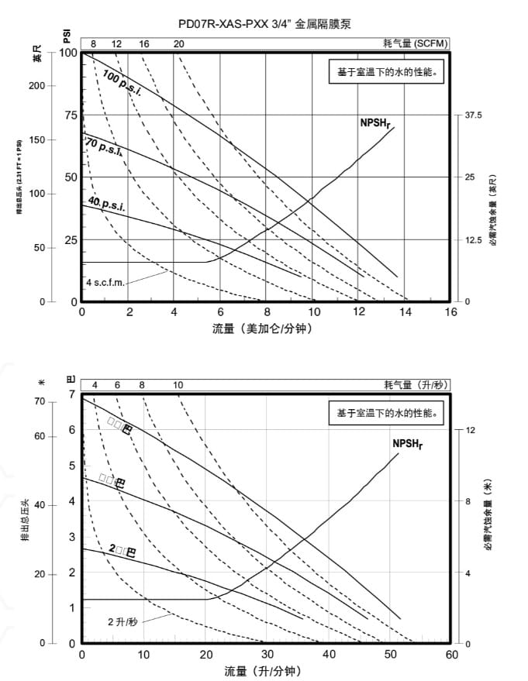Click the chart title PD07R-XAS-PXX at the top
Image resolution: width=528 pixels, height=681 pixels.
pyautogui.click(x=264, y=24)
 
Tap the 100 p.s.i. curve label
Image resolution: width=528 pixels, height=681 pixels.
pyautogui.click(x=123, y=83)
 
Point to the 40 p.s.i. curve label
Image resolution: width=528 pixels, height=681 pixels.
pyautogui.click(x=106, y=205)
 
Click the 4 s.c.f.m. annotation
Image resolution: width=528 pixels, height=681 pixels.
pyautogui.click(x=105, y=283)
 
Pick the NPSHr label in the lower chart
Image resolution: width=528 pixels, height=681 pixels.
pyautogui.click(x=407, y=443)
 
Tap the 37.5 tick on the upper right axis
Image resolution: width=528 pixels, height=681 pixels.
pyautogui.click(x=473, y=115)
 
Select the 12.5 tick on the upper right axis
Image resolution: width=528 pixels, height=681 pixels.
pyautogui.click(x=474, y=240)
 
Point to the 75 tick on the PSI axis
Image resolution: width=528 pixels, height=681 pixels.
pyautogui.click(x=71, y=115)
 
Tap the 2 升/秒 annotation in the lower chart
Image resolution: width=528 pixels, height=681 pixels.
pyautogui.click(x=123, y=621)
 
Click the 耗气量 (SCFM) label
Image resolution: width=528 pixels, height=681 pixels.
pyautogui.click(x=416, y=43)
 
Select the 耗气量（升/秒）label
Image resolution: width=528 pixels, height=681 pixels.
pyautogui.click(x=416, y=385)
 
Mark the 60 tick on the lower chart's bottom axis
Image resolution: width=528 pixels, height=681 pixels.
pyautogui.click(x=451, y=654)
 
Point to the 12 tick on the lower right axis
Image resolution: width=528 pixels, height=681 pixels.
pyautogui.click(x=470, y=430)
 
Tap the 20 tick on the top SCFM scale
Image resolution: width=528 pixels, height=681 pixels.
pyautogui.click(x=179, y=43)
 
